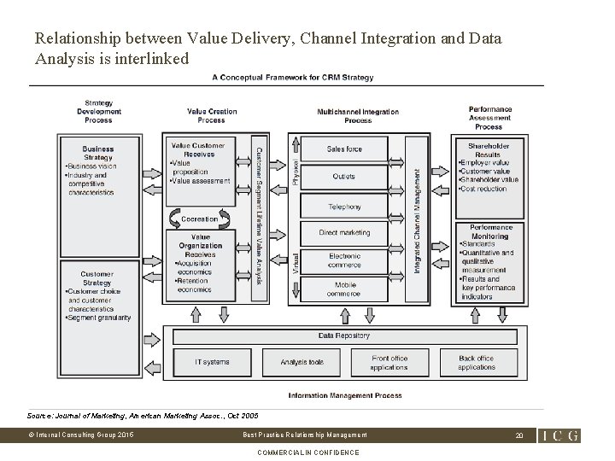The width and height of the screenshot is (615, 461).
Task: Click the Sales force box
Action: [x=344, y=149]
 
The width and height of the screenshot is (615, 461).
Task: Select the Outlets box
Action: [x=344, y=177]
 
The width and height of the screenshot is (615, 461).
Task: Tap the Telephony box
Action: [x=344, y=207]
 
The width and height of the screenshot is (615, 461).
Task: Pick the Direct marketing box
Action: [x=344, y=232]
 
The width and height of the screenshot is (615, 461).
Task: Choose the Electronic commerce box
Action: [x=344, y=260]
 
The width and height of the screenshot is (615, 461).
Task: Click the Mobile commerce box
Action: [x=344, y=290]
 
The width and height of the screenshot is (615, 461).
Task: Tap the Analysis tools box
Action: [x=302, y=362]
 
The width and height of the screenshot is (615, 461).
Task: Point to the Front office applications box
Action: [x=389, y=362]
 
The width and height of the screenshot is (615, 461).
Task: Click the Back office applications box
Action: [x=476, y=362]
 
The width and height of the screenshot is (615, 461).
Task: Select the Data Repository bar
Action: [x=344, y=336]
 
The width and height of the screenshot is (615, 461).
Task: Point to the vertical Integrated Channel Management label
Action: [x=418, y=220]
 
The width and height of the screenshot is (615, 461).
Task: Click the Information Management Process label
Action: [x=344, y=395]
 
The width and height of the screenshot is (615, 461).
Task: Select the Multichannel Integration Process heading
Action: [x=357, y=116]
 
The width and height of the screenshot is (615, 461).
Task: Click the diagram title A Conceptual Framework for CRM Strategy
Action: [x=292, y=78]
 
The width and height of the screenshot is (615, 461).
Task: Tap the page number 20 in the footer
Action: [x=518, y=435]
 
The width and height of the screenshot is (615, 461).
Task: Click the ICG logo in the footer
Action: [x=559, y=435]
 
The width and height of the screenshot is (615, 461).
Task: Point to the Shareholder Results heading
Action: [x=489, y=150]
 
